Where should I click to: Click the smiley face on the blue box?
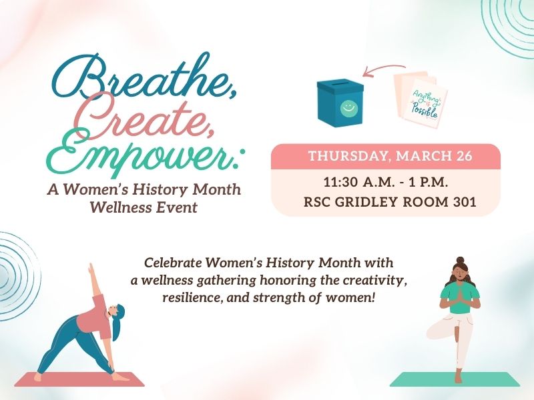346,107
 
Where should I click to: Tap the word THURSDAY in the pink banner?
348,157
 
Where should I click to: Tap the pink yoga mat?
79,379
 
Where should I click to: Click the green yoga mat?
454,380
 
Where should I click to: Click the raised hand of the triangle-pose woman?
89,267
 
